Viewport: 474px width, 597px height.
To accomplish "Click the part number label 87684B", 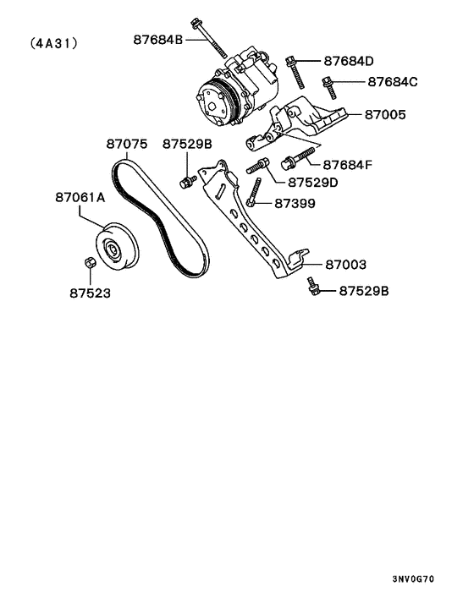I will [157, 39].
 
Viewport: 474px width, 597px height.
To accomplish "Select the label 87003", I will [345, 265].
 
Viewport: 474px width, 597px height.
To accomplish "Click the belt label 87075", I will [127, 145].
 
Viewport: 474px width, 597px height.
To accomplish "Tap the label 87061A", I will [80, 197].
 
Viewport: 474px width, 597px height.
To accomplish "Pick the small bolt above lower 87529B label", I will [313, 288].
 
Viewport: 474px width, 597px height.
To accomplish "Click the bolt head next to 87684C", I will [328, 83].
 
